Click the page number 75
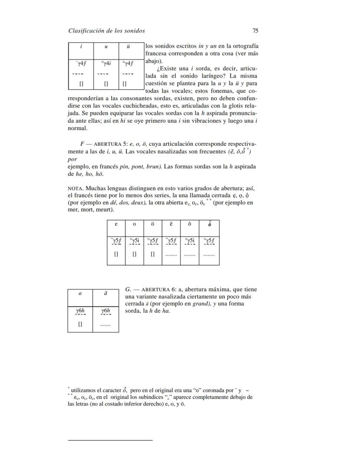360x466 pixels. [x=256, y=31]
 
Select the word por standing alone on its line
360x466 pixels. [x=73, y=159]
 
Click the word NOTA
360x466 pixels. [x=76, y=188]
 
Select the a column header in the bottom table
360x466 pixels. [x=80, y=293]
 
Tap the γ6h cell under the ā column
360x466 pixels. [x=106, y=311]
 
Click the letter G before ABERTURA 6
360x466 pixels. [x=128, y=289]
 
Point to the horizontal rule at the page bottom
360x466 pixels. [x=110, y=440]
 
